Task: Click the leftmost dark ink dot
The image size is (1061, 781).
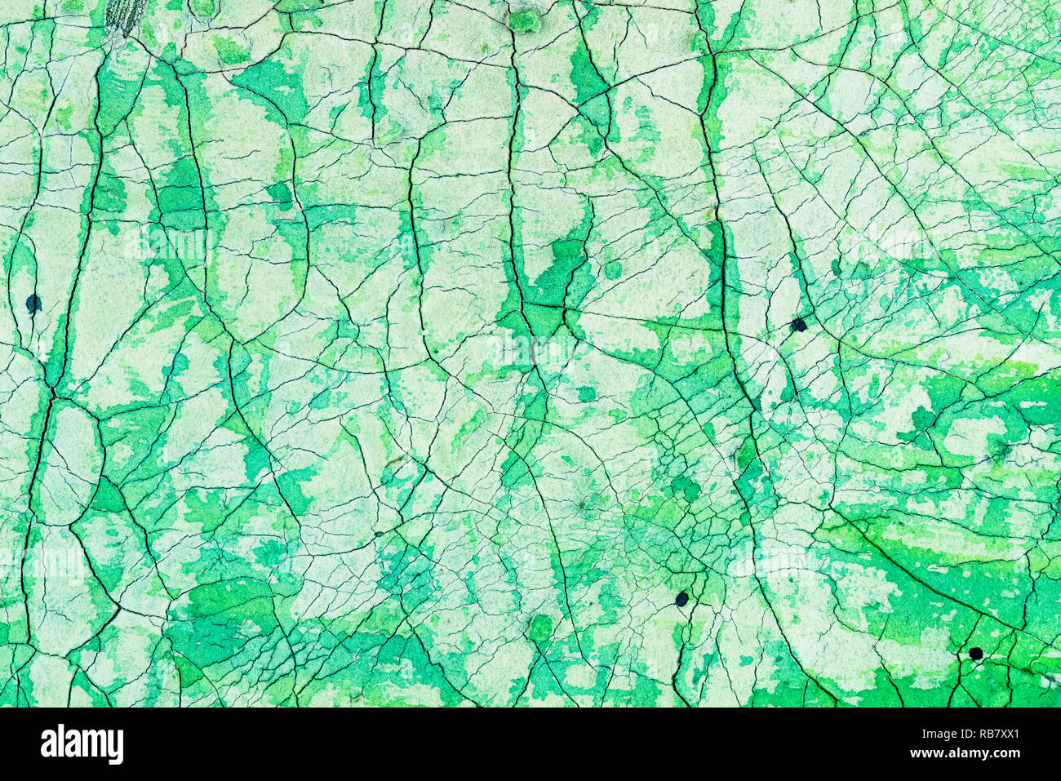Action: pos(33,304)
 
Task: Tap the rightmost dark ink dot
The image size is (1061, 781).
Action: pos(975,653)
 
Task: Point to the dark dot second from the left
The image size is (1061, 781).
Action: pos(681,599)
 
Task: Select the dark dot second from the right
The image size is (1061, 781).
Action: pos(798,325)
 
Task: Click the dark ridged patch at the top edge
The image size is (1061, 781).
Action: pos(126,15)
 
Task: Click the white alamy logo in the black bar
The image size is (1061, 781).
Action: pos(82,744)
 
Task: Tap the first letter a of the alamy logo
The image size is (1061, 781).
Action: pos(48,744)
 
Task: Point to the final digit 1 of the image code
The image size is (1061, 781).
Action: pos(1015,734)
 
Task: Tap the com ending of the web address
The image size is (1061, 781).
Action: pos(1006,753)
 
